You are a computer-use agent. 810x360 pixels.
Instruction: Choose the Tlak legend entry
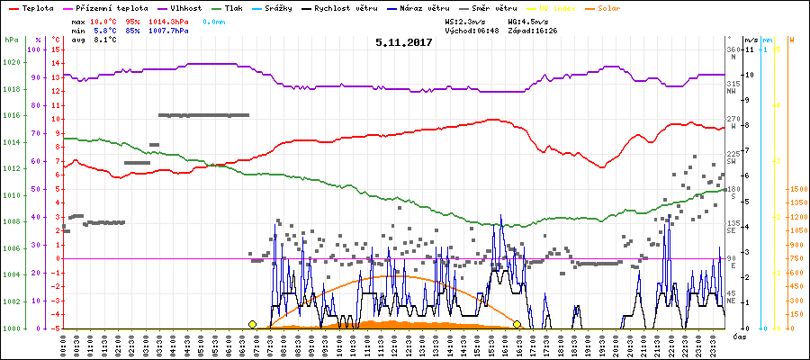[237, 7]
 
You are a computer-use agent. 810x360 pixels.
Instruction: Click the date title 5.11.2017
[404, 42]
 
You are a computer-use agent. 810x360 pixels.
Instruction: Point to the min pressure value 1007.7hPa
[169, 30]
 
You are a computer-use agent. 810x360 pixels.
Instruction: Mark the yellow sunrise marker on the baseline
[252, 324]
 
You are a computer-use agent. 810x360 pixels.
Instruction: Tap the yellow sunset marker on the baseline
[517, 324]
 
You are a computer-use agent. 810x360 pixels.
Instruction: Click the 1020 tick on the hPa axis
[11, 62]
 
